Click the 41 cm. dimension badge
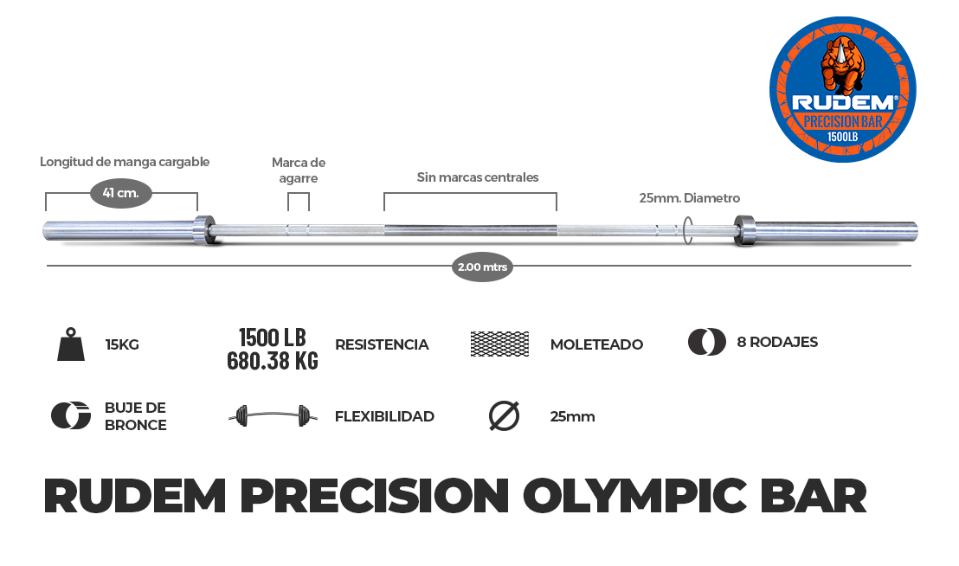point(121,192)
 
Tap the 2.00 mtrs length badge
point(482,267)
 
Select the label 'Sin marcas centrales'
point(478,177)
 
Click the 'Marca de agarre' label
point(299,170)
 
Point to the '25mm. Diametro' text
point(690,198)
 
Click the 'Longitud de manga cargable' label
point(125,162)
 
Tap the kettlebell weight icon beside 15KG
point(71,344)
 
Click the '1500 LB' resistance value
point(272,338)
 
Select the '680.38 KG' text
point(272,360)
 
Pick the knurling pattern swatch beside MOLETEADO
point(499,344)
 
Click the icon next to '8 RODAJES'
point(707,342)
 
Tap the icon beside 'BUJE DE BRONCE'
point(71,416)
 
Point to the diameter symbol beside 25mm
point(504,416)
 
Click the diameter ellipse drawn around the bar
point(688,230)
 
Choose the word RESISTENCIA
point(382,344)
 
